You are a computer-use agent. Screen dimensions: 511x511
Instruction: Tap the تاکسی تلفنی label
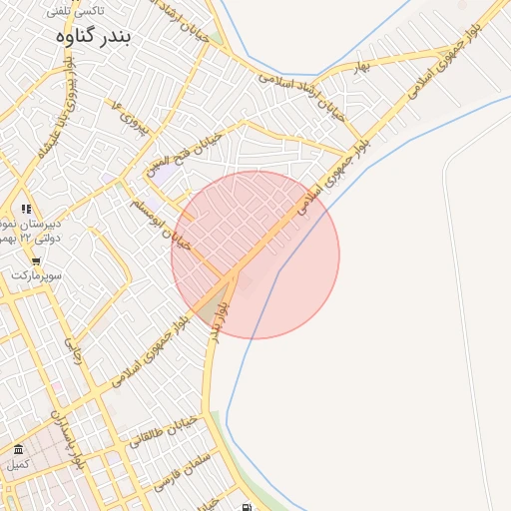coord(76,11)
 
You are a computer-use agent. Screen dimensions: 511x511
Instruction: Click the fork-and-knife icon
coord(26,209)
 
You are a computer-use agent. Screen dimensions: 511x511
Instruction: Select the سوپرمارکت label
coord(37,274)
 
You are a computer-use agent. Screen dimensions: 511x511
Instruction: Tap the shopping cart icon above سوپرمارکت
coord(36,261)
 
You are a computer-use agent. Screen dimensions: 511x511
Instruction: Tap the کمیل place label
coord(18,464)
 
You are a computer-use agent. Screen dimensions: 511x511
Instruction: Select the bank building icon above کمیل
coord(18,449)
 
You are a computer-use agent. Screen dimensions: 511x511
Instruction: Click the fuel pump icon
coord(248,506)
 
